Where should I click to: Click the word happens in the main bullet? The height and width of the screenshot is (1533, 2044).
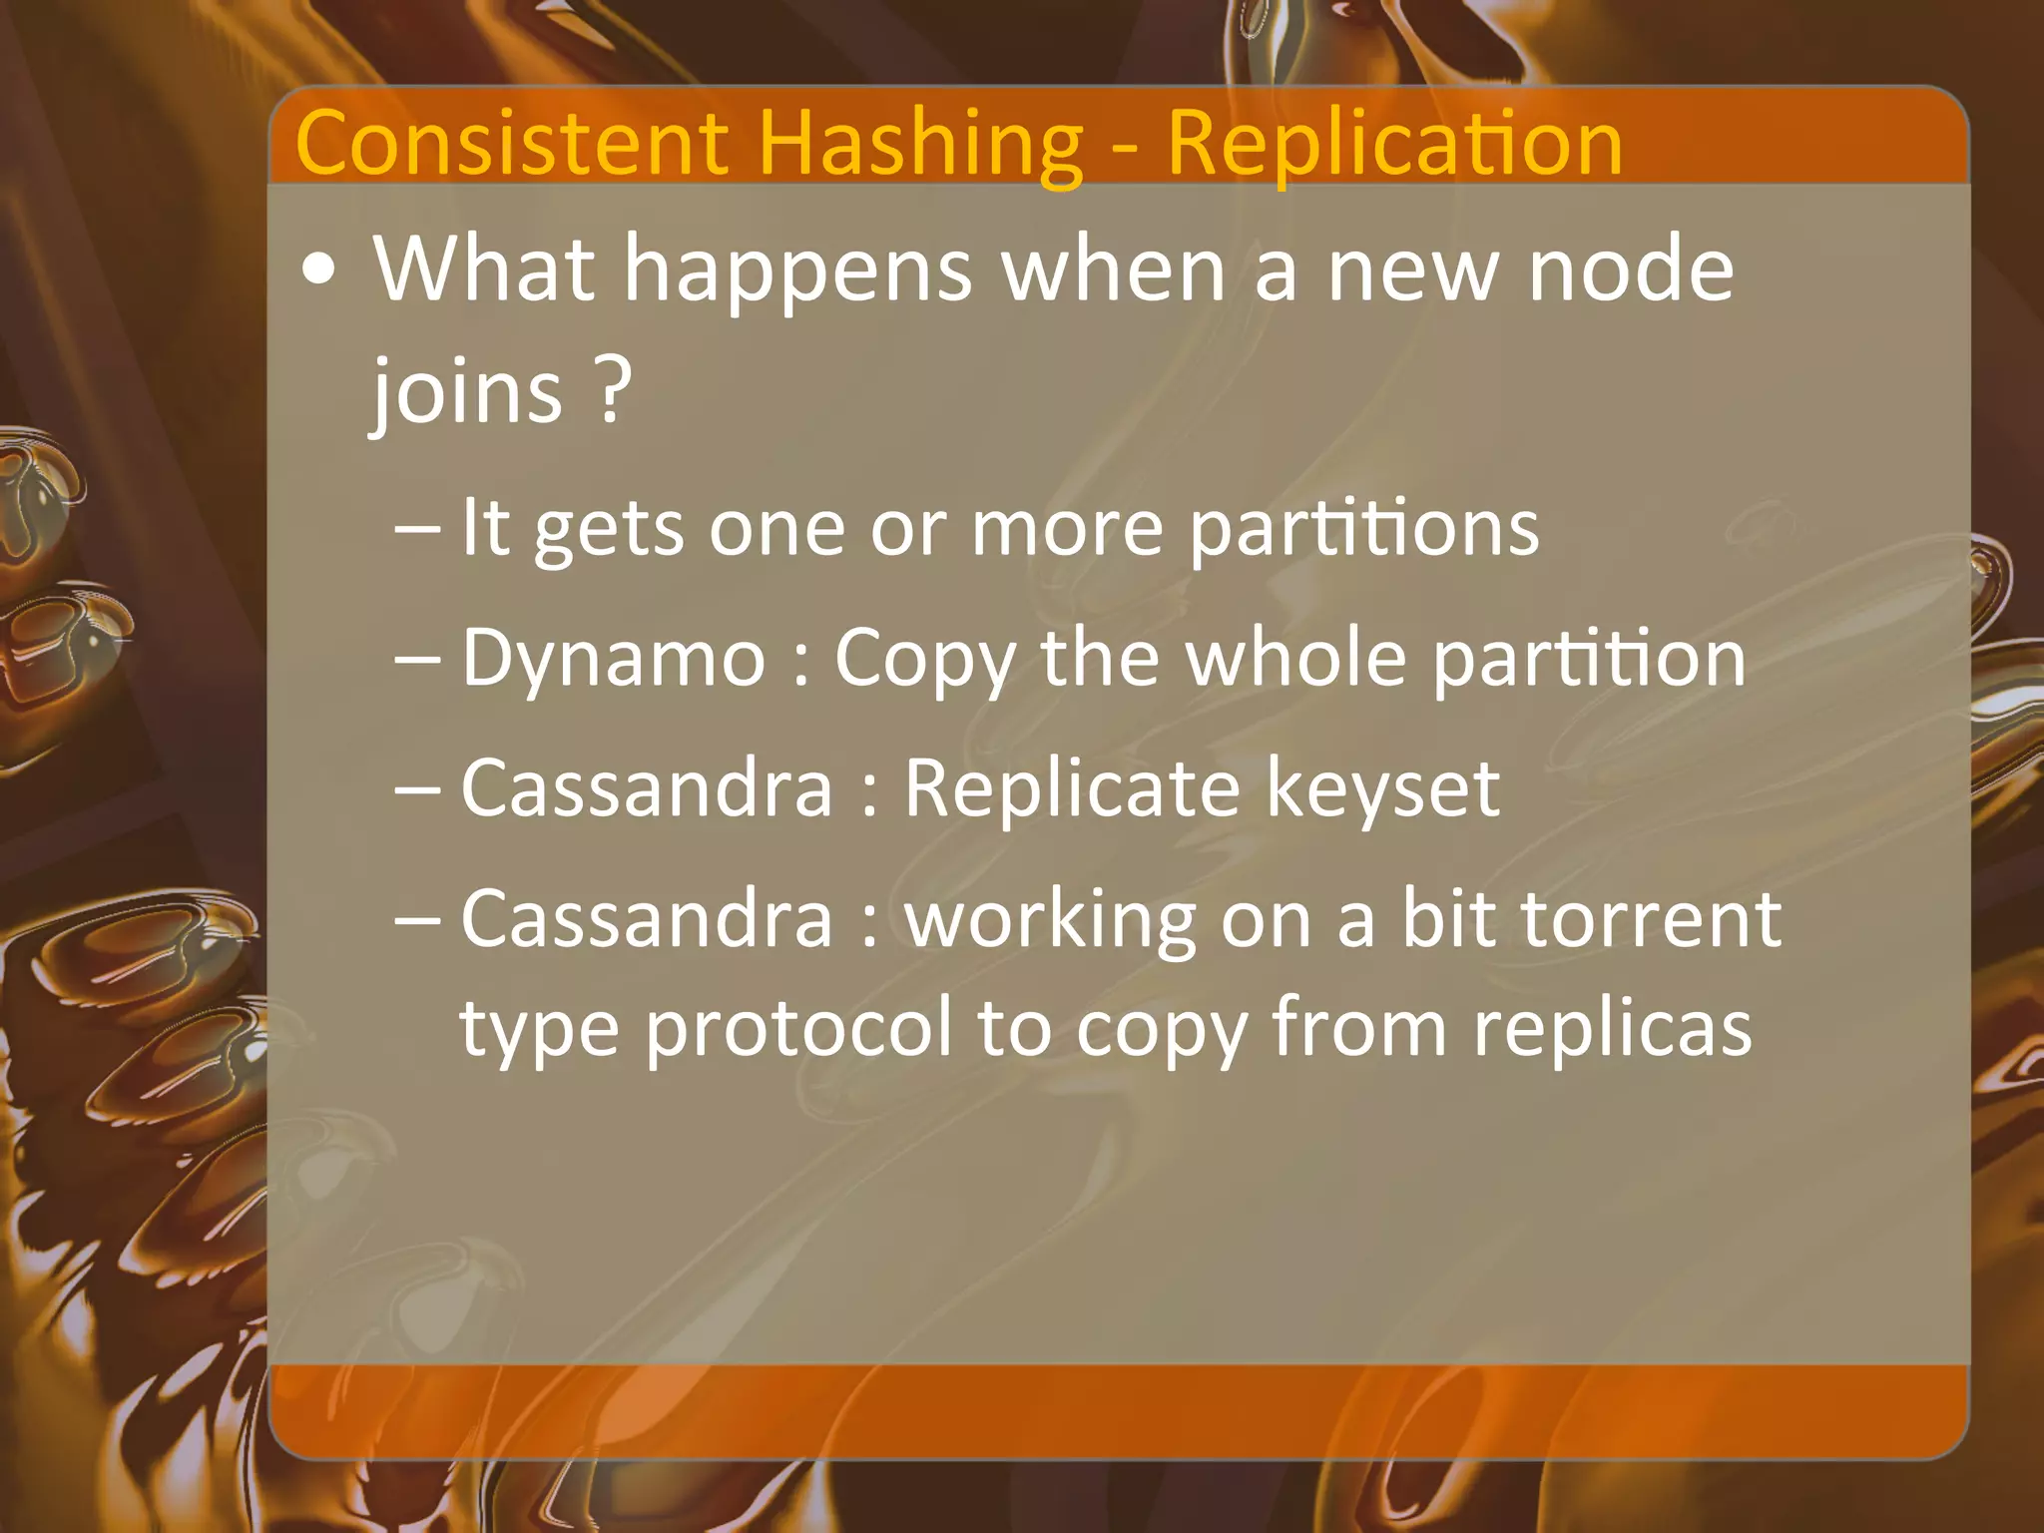pos(797,272)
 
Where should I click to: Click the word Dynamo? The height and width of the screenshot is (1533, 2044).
pos(613,660)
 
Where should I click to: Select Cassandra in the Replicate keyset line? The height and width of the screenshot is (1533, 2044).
pos(647,787)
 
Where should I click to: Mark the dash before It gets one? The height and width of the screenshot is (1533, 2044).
pos(416,529)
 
